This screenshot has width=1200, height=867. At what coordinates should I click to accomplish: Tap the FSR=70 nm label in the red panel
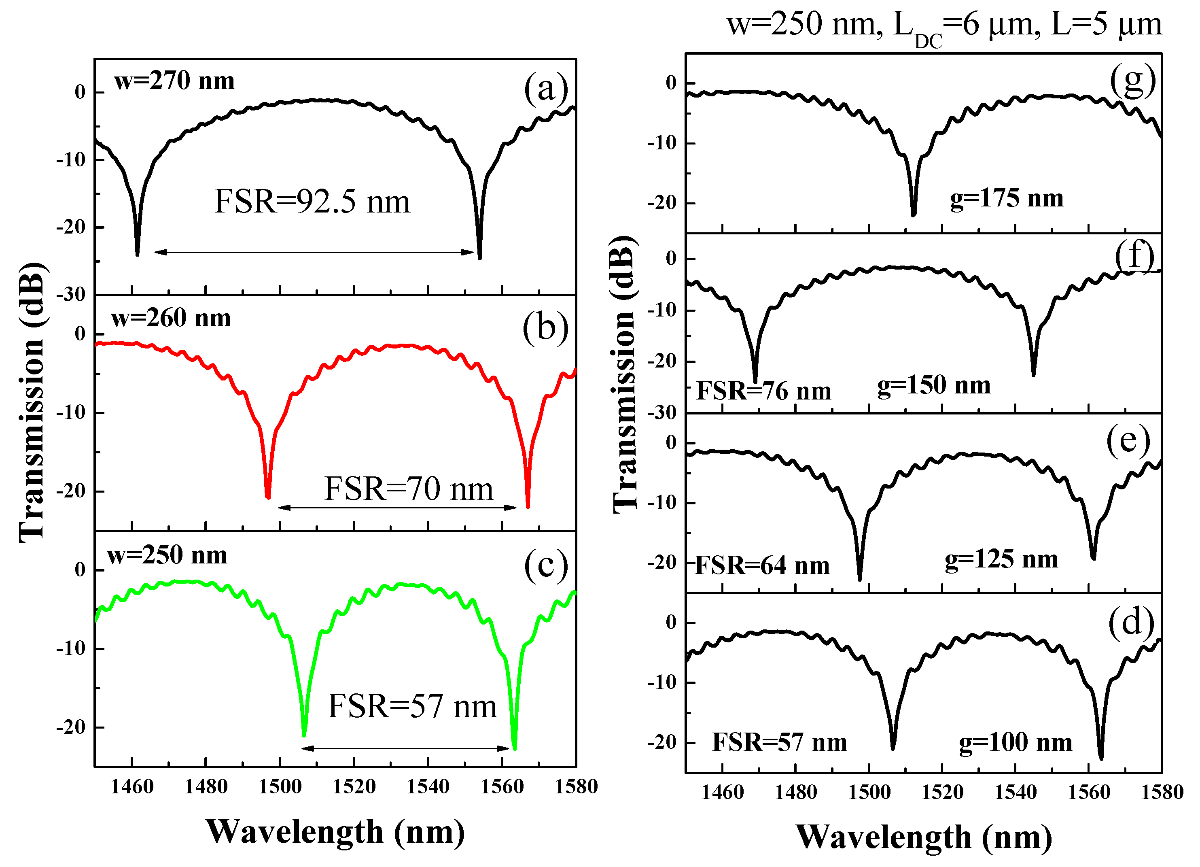(409, 489)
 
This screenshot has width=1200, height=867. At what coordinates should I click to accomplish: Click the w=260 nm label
(171, 318)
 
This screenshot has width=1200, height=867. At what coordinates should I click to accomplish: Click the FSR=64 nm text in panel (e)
(762, 566)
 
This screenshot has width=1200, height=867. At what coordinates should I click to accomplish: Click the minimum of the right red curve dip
(528, 506)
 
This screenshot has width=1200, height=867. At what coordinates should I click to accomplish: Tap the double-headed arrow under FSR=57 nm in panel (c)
(405, 748)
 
